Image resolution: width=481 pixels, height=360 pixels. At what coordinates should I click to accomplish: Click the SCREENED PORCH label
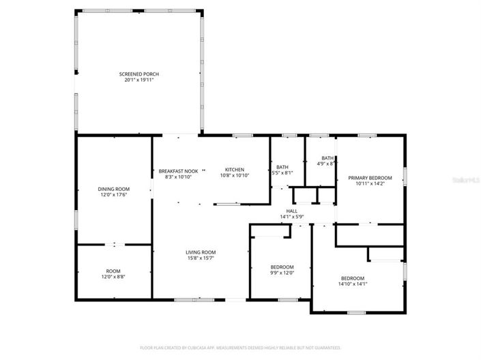point(139,74)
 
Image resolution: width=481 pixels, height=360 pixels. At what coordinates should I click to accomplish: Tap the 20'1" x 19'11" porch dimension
point(139,80)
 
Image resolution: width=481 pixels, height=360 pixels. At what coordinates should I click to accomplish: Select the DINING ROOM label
point(113,189)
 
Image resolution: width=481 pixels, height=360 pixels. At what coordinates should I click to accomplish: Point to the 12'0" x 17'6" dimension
point(113,195)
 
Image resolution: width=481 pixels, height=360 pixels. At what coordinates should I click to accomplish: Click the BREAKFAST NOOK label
point(178,170)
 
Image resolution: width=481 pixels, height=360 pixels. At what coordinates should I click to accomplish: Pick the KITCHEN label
point(235,169)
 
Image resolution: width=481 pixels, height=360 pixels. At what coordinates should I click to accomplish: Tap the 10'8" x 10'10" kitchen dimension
point(235,176)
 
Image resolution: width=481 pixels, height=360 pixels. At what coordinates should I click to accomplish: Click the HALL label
point(291,211)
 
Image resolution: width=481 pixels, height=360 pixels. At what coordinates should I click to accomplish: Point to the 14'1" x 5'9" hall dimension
point(291,217)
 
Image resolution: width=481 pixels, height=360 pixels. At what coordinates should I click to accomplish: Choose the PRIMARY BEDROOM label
point(370,177)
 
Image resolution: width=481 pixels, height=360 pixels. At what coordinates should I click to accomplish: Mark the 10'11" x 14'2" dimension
point(370,183)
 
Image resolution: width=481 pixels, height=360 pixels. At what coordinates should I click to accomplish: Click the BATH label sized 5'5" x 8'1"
point(282,167)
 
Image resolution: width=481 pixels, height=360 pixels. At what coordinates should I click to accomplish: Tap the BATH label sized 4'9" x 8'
point(327,157)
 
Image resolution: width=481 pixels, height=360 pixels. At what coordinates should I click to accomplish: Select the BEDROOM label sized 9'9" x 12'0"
point(282,267)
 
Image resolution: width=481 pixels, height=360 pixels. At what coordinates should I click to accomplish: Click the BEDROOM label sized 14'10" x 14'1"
point(352,277)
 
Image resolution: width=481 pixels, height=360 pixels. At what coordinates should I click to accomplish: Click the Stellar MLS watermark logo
point(467,181)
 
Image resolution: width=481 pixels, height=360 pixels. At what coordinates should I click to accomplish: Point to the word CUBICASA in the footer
point(199,347)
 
